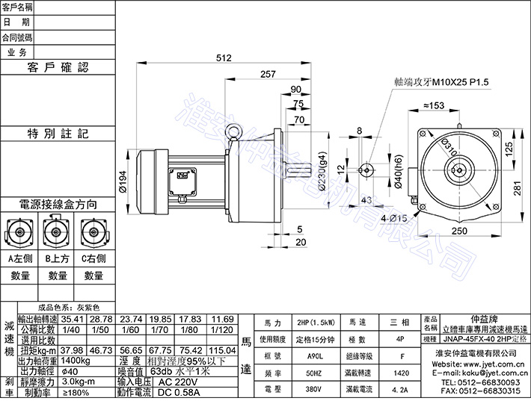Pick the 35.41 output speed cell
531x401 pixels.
(x=73, y=317)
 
